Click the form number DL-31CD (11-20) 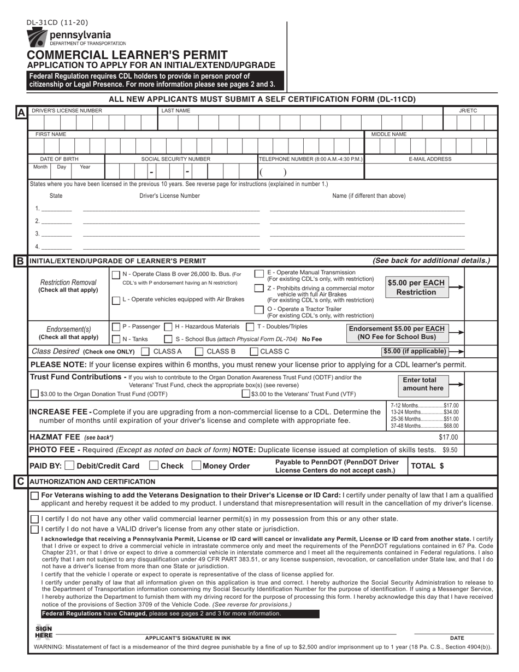[57, 22]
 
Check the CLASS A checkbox [145, 351]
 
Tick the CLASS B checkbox [199, 351]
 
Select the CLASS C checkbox [254, 351]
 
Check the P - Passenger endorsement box [116, 327]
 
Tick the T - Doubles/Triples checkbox [250, 327]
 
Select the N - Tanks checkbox [116, 339]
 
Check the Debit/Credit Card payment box [69, 466]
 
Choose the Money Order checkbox [196, 466]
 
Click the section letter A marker [20, 113]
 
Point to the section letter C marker [20, 481]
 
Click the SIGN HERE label [43, 632]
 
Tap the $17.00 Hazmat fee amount [449, 437]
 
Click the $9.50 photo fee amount [450, 450]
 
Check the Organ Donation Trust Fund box [35, 393]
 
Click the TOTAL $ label [427, 466]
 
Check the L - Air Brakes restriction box [116, 300]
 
